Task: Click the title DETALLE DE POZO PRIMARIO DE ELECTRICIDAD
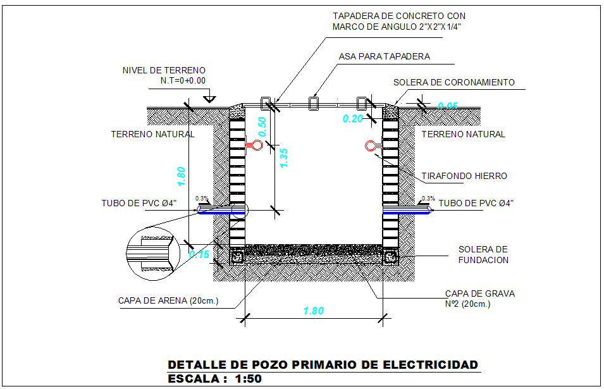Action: (x=323, y=365)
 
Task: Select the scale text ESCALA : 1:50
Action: (x=214, y=380)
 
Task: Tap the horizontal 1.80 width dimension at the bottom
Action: (x=313, y=311)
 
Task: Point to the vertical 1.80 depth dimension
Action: (x=182, y=175)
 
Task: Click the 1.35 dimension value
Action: (x=284, y=157)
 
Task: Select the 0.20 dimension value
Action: (x=352, y=118)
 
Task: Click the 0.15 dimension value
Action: (x=199, y=254)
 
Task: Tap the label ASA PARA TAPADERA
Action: (x=384, y=56)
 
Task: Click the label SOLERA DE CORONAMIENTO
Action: (x=453, y=82)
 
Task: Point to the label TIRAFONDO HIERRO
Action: (x=464, y=176)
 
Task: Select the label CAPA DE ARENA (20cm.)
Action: (x=168, y=300)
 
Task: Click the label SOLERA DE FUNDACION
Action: (x=483, y=254)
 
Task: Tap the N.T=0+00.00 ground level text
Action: (x=183, y=80)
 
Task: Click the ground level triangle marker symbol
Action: (x=211, y=99)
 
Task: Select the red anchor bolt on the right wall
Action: (x=372, y=147)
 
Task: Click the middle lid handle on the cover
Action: (x=314, y=104)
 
